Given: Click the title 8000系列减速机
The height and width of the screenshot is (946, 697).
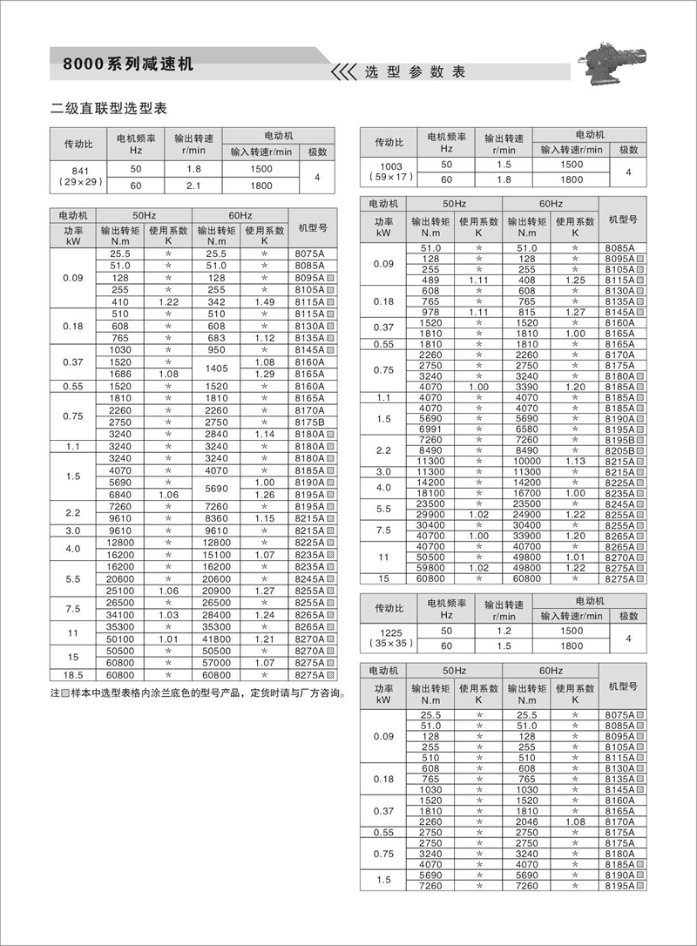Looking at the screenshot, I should pos(129,64).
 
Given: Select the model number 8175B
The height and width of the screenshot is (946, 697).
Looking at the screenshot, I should pos(309,422).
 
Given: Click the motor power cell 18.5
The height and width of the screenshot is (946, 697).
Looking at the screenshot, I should pos(73,675).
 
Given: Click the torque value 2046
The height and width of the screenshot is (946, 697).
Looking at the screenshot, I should pos(526,820).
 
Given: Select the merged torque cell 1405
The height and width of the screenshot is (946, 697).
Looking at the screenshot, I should pos(217,368).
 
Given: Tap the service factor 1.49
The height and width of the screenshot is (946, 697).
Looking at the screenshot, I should pos(265,301).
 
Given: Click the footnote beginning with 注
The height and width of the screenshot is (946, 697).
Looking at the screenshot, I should pos(196,695).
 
